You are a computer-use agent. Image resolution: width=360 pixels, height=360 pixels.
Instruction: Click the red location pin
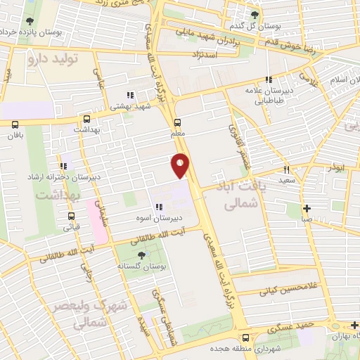pos(181,165)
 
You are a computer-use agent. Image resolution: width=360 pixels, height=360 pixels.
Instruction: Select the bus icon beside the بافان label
pos(15,124)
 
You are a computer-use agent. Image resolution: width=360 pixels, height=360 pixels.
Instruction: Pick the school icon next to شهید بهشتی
pos(129,95)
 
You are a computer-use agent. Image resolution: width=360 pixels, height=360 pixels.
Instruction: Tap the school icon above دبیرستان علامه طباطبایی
pos(268,80)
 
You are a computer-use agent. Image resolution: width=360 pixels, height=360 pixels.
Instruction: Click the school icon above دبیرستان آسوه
pos(160,207)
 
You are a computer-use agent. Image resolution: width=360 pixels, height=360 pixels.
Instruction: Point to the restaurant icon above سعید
pos(286,169)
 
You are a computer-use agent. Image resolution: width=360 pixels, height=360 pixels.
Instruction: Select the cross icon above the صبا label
pos(307,208)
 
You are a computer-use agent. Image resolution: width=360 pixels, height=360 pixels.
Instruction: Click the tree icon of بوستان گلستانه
pos(142,255)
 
